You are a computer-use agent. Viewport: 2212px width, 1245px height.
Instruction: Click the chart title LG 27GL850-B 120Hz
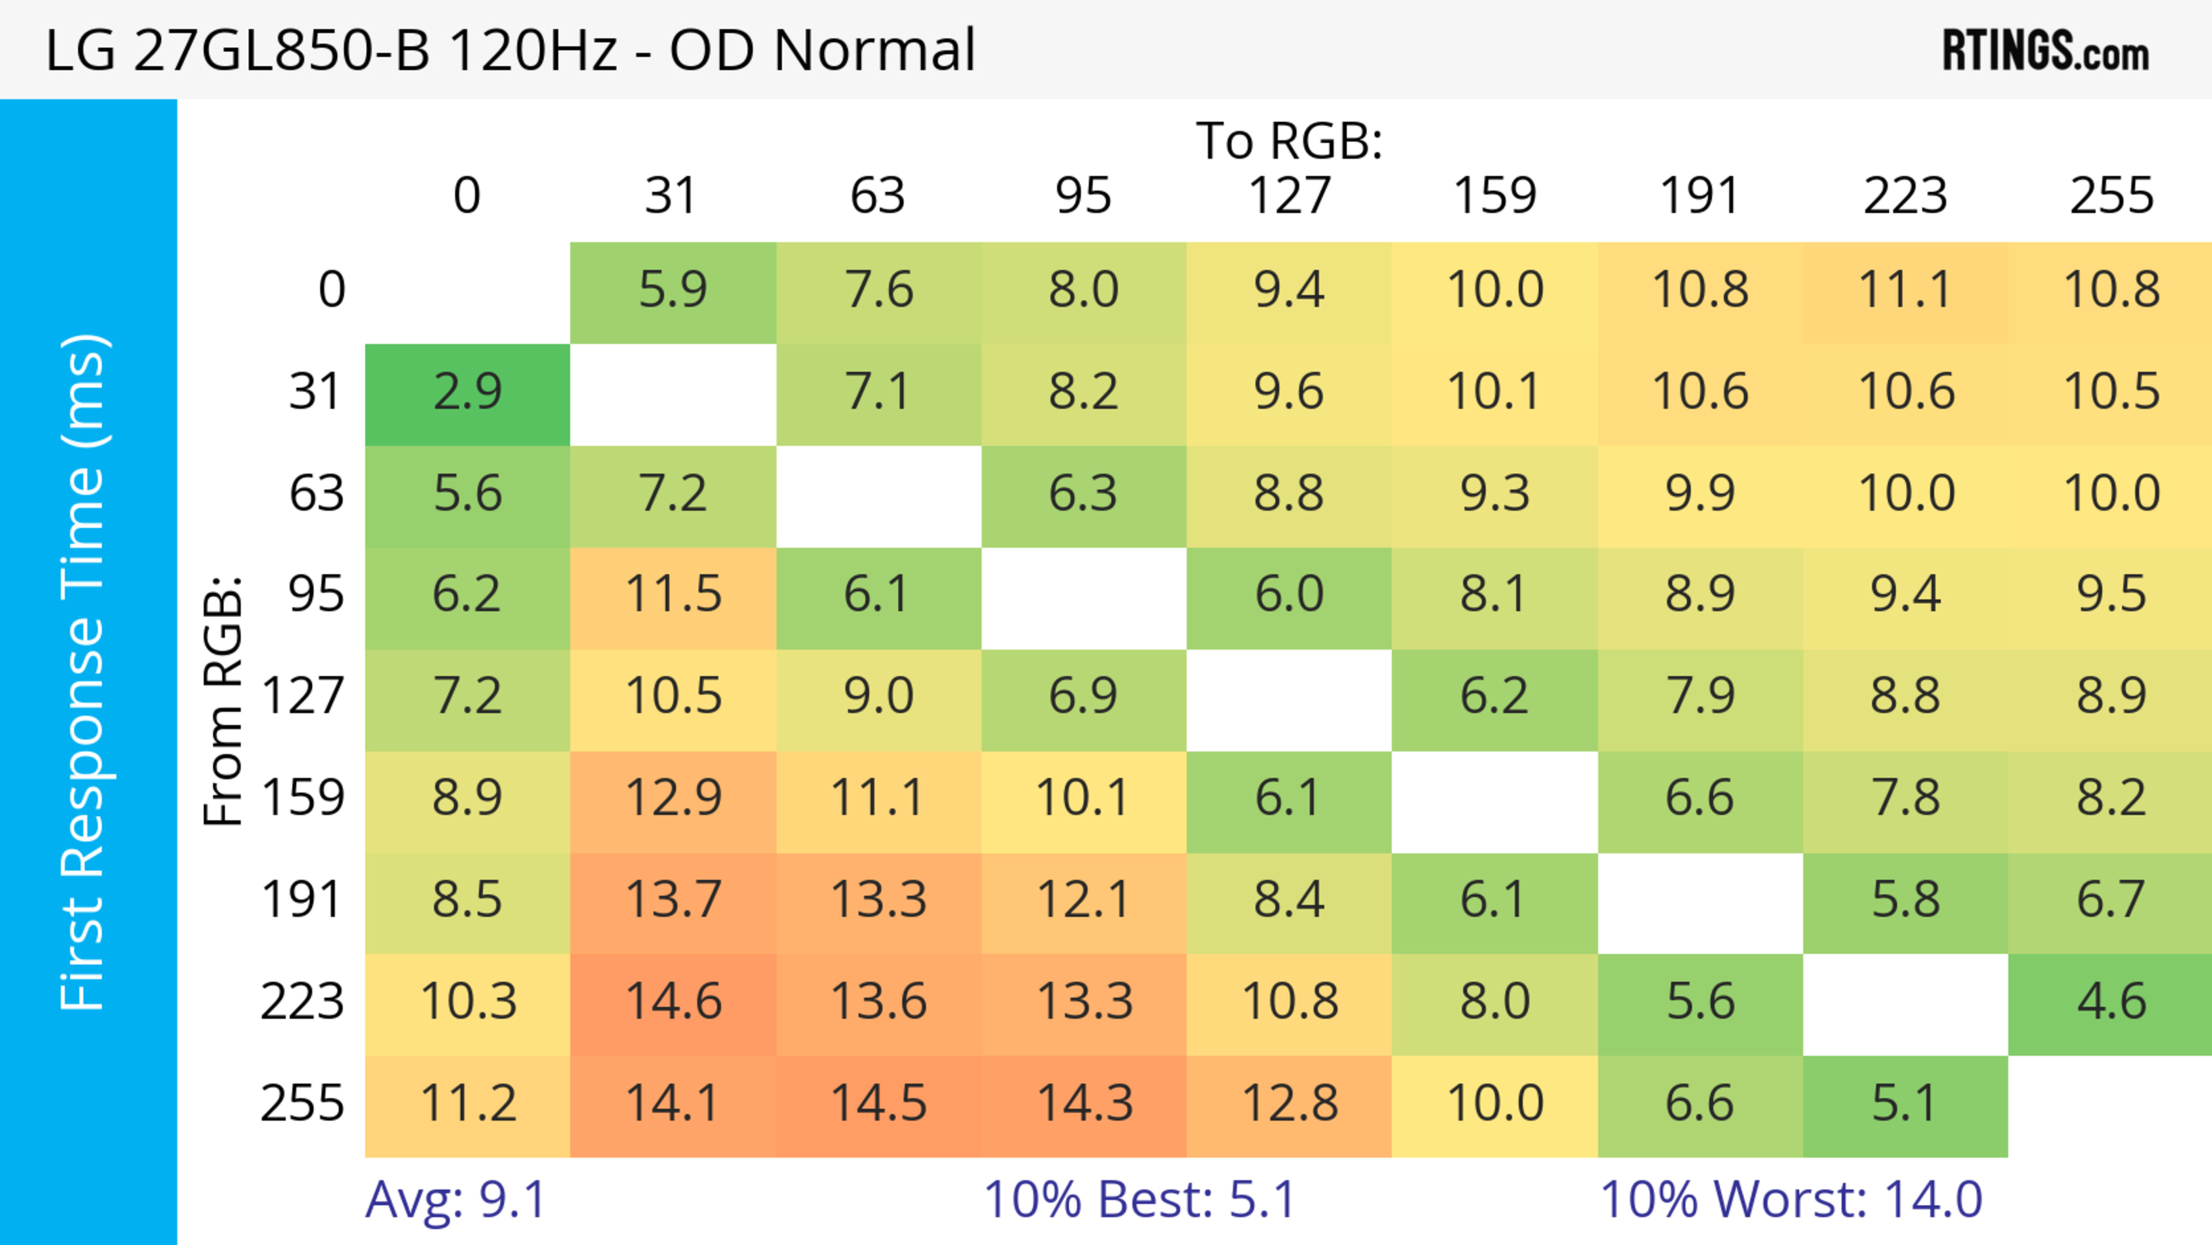510,51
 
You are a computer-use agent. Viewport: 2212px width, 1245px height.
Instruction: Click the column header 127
1289,196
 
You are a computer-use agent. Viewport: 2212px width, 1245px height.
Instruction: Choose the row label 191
302,900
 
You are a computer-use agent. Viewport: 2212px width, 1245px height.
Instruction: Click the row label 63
316,494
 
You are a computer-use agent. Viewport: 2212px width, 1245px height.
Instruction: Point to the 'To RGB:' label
1289,141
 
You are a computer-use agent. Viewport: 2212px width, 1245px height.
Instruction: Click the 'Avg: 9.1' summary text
455,1199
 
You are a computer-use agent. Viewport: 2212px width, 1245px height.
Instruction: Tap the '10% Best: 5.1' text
1139,1199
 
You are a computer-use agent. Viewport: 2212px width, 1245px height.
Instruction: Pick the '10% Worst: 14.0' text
1791,1199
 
